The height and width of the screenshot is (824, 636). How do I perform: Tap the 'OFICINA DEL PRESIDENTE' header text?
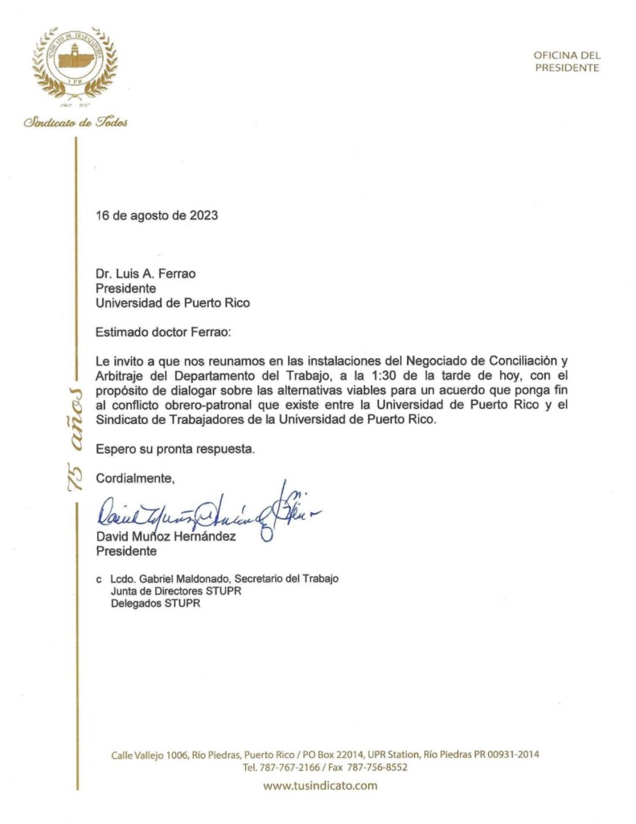pos(567,61)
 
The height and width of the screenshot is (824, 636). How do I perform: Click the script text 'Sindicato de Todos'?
pos(76,122)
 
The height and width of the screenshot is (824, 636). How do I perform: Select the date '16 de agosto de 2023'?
pos(157,216)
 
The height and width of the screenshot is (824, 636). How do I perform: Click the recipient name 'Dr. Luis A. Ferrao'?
pos(146,274)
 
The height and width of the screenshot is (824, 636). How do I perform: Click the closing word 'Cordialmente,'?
pos(135,479)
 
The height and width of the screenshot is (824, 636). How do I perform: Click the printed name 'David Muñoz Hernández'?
pos(166,537)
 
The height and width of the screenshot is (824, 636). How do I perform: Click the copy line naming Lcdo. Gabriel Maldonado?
pos(224,579)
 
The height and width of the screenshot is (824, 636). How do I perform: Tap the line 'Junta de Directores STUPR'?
pos(175,591)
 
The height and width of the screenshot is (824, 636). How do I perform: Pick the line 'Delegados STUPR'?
pos(155,604)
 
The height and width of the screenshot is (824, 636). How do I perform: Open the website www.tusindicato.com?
pos(320,785)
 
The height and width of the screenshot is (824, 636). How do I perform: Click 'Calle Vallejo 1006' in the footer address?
pos(150,755)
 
